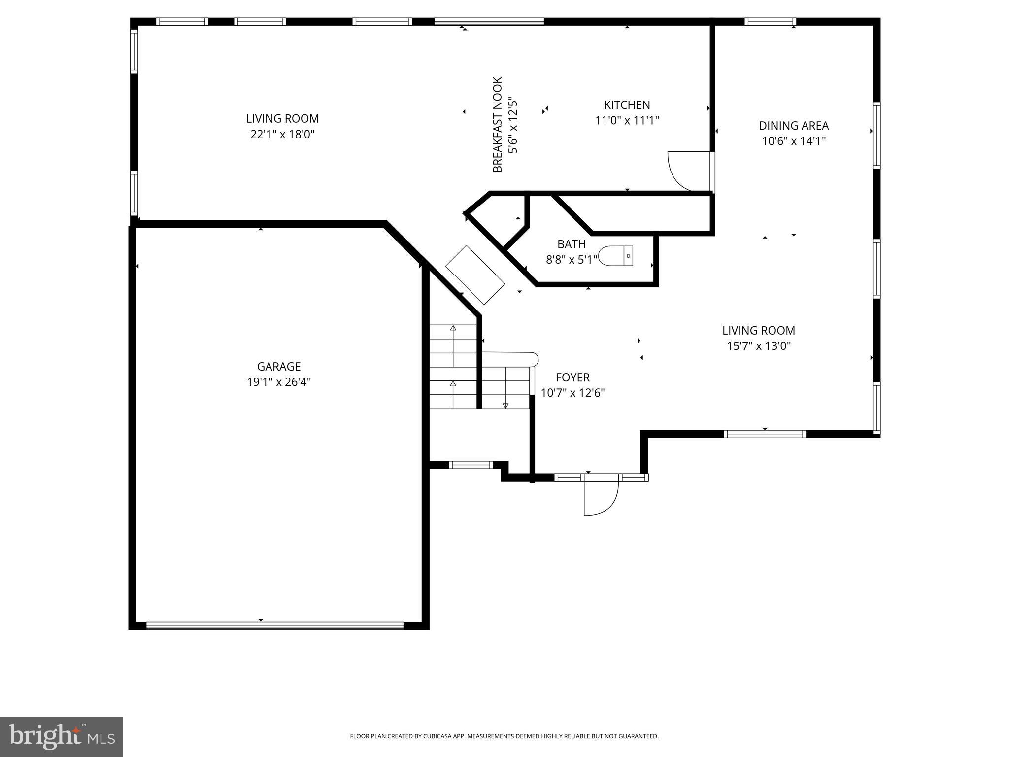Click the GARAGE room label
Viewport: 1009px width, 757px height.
(x=279, y=367)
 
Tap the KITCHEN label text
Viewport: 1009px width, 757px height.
(x=627, y=105)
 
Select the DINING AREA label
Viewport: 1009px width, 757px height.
(x=794, y=126)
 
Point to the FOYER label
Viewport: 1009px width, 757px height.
(x=572, y=378)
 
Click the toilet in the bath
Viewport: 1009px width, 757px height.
(x=615, y=256)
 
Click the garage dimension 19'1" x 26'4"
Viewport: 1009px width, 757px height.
(x=279, y=382)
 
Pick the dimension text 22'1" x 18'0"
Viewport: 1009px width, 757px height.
(x=282, y=134)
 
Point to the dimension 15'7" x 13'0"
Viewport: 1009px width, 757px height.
(x=759, y=346)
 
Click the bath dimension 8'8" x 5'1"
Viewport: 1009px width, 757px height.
(x=572, y=260)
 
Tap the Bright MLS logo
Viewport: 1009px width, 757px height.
(x=62, y=736)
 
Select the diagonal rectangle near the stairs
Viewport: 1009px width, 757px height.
(x=475, y=275)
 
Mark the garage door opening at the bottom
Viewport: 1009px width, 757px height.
(x=275, y=626)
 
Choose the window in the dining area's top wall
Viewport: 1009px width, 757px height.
(x=770, y=21)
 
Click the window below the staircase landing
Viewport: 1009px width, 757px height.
(x=471, y=465)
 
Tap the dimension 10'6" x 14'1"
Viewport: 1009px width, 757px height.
(x=794, y=141)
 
